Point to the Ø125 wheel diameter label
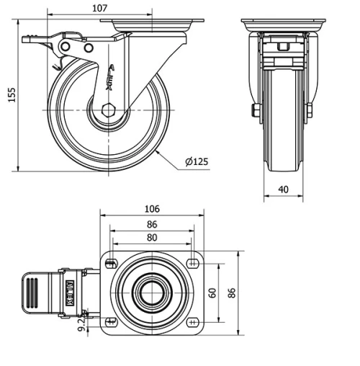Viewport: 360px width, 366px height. click(x=197, y=161)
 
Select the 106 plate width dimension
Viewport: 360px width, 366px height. click(x=152, y=209)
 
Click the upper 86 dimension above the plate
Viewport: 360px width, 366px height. click(x=152, y=224)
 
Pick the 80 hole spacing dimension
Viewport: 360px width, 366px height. click(x=152, y=236)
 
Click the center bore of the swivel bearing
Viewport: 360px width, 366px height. click(x=152, y=293)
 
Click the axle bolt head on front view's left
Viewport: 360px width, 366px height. click(x=256, y=110)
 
